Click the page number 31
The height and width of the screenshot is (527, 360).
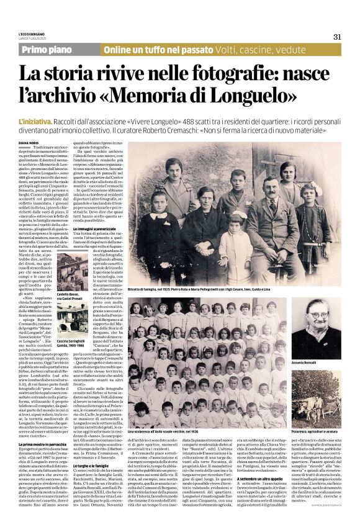(337, 37)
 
